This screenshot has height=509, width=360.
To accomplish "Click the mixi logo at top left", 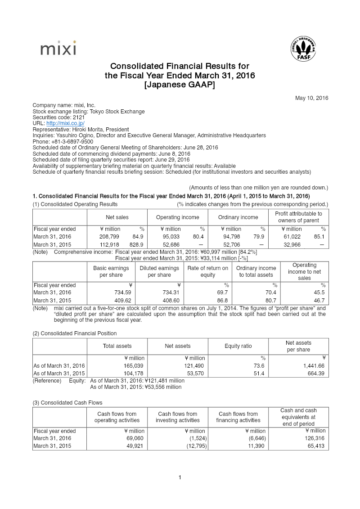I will click(x=58, y=49).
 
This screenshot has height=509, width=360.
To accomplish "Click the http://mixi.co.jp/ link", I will click(x=65, y=123).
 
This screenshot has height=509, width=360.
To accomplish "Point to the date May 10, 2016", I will click(x=311, y=98).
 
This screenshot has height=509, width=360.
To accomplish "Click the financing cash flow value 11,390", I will click(x=256, y=446).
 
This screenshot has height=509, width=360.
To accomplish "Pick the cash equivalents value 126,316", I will click(x=315, y=438).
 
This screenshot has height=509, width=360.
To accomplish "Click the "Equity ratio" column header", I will click(x=238, y=346).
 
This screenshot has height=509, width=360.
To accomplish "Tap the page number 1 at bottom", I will click(x=180, y=477).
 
